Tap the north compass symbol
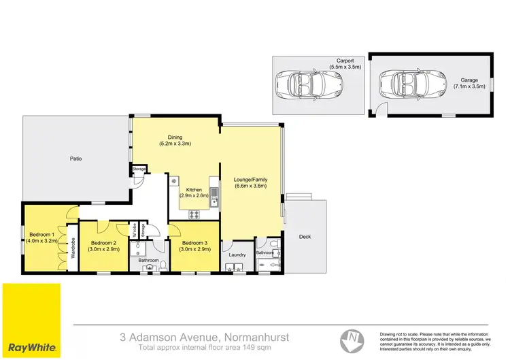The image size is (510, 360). (x=352, y=337)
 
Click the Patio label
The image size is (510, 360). (x=76, y=159)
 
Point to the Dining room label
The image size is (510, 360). (x=175, y=137)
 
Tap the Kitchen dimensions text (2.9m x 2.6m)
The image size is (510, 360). (x=194, y=195)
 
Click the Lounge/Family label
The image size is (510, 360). (x=251, y=180)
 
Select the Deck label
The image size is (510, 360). (x=305, y=237)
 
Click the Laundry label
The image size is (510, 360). (x=237, y=255)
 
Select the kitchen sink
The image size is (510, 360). (x=214, y=198)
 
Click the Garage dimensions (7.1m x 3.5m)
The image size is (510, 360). (x=469, y=86)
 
